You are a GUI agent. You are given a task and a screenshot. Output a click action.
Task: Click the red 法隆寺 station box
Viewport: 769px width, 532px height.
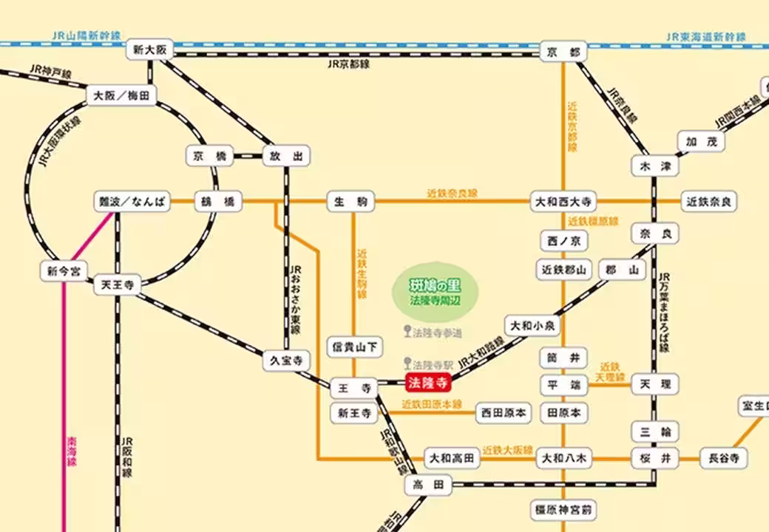click(x=429, y=383)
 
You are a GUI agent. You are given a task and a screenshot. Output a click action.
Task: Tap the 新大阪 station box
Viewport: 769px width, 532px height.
click(x=149, y=51)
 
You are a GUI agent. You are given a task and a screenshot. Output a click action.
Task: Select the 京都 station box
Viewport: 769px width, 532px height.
click(x=563, y=52)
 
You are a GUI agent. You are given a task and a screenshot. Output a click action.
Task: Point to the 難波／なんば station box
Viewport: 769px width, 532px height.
click(x=132, y=202)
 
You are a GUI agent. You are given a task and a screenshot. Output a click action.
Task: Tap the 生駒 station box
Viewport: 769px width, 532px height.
click(x=351, y=202)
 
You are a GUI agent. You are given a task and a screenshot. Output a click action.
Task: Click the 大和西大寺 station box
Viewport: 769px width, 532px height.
click(x=563, y=202)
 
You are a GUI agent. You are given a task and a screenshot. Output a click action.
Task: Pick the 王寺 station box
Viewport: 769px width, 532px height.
click(x=353, y=387)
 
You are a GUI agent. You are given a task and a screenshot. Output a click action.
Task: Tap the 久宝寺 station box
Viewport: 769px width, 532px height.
click(x=286, y=361)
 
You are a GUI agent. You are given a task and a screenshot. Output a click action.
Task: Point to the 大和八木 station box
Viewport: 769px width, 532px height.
click(x=563, y=459)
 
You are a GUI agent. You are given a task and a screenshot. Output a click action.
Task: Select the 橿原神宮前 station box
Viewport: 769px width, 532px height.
click(x=563, y=510)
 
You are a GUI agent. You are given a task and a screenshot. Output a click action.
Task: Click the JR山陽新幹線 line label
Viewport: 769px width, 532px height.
click(x=87, y=35)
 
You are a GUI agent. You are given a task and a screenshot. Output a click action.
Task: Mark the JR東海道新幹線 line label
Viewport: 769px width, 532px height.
click(x=705, y=36)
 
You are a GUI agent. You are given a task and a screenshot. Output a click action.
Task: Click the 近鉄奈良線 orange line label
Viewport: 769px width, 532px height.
click(x=452, y=194)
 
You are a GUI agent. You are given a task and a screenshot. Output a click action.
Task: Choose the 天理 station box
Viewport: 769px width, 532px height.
click(x=654, y=384)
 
